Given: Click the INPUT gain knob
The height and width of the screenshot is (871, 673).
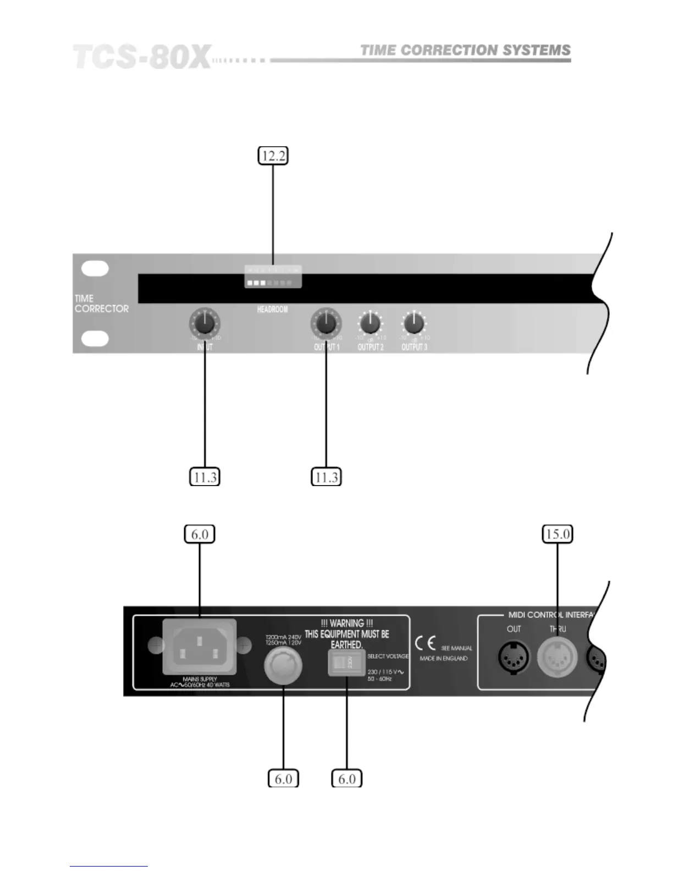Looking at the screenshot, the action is [205, 323].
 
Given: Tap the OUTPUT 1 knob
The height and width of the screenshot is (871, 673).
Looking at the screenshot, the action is [326, 323].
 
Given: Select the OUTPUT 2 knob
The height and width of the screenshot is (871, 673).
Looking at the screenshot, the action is [371, 323].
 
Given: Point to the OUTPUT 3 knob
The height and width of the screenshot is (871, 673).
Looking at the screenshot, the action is [414, 323].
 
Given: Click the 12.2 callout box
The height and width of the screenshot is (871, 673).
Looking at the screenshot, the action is [273, 156].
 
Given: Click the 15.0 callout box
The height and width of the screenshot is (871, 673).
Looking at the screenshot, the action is [558, 534].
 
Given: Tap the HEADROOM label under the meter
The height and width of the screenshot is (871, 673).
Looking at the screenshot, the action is [272, 310].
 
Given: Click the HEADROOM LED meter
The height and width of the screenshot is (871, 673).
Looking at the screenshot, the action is [273, 277].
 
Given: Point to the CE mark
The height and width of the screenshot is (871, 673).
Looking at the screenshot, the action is [426, 643].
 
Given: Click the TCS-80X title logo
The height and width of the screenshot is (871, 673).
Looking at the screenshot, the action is [142, 57].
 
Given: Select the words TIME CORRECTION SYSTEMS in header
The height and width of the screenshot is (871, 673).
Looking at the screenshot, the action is [465, 51].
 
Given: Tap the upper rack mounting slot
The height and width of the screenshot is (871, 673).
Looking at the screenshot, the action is [95, 268].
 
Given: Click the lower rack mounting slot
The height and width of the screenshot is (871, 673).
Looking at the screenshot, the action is [95, 339].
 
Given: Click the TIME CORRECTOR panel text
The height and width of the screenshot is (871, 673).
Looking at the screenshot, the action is [101, 304].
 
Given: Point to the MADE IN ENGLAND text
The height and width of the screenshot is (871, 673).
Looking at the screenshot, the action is [444, 658].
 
